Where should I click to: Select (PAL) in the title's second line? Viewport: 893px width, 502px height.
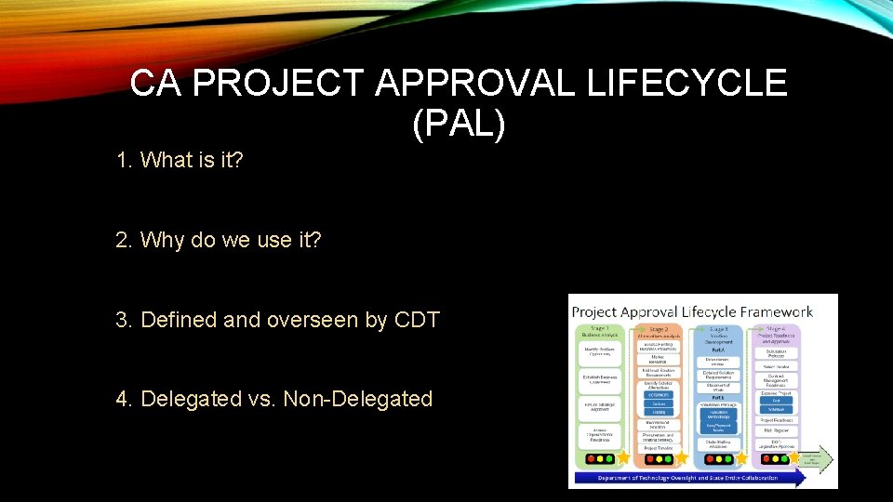[459, 124]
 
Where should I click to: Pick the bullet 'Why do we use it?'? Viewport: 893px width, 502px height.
[232, 240]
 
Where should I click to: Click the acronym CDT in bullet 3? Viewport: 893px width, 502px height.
[417, 320]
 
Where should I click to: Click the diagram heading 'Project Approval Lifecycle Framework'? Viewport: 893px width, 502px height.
[692, 311]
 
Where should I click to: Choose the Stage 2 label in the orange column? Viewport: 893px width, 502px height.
[659, 328]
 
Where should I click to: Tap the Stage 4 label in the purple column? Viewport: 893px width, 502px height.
[776, 328]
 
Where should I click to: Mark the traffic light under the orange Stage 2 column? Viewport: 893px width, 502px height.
[658, 458]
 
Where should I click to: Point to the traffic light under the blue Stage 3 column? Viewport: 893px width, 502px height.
[716, 458]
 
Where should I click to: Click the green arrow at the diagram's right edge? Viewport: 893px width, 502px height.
[818, 459]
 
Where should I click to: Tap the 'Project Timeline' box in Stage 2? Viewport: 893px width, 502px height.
[659, 446]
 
